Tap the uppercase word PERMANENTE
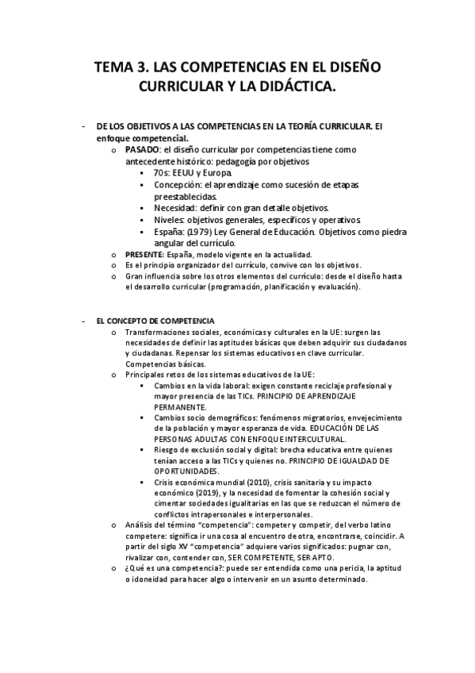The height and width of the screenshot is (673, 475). (x=180, y=406)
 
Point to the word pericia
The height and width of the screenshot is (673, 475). (x=331, y=568)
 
